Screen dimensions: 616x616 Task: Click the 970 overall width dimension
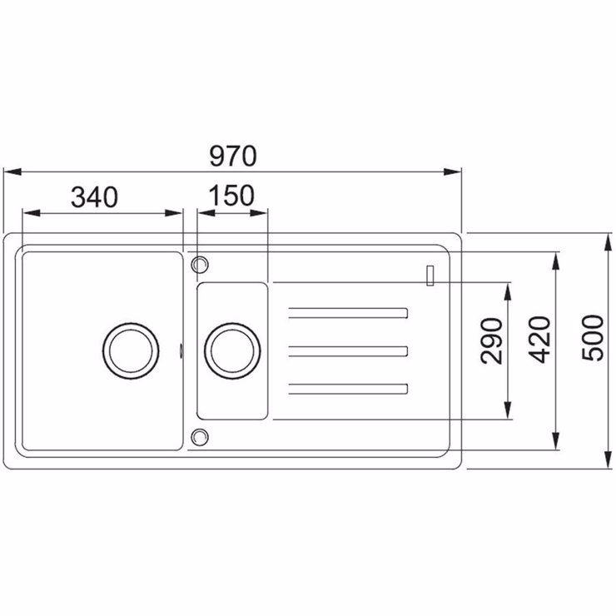click(x=233, y=156)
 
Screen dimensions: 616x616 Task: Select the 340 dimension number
click(x=94, y=196)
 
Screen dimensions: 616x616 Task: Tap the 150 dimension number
click(x=231, y=196)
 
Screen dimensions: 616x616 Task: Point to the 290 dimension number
click(x=491, y=341)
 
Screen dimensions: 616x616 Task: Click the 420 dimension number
click(x=539, y=340)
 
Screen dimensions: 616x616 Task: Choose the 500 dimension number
click(x=593, y=338)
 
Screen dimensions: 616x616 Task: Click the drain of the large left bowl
click(x=131, y=351)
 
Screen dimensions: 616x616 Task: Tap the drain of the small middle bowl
click(x=232, y=351)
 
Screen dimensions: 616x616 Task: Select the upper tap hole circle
click(x=200, y=265)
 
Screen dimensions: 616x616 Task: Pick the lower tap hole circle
click(x=200, y=437)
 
